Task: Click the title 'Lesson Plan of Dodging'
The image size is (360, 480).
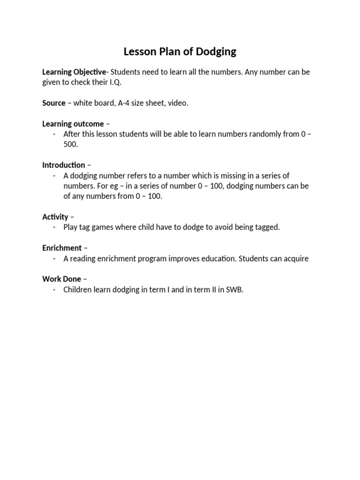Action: pyautogui.click(x=180, y=52)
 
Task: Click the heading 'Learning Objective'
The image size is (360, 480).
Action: pyautogui.click(x=74, y=72)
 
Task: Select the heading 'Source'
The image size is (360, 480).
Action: pyautogui.click(x=54, y=103)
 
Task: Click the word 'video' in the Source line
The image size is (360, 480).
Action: pyautogui.click(x=178, y=103)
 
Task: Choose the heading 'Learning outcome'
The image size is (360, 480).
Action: pyautogui.click(x=73, y=124)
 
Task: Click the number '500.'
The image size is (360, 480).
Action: pyautogui.click(x=71, y=144)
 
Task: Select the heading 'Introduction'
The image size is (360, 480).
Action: pyautogui.click(x=64, y=165)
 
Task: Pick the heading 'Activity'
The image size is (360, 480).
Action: pyautogui.click(x=55, y=217)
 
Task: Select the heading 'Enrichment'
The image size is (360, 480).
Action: pyautogui.click(x=62, y=247)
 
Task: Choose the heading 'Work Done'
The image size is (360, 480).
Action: pyautogui.click(x=61, y=279)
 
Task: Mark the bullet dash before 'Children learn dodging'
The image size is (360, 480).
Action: pyautogui.click(x=54, y=289)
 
